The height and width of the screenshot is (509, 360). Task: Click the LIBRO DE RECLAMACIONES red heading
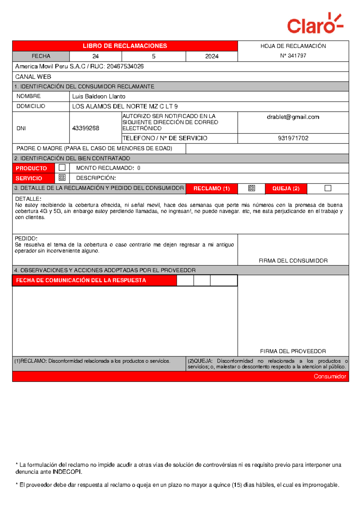click(x=125, y=46)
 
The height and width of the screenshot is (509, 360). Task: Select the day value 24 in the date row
click(x=95, y=56)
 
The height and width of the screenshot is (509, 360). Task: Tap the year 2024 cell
click(x=211, y=56)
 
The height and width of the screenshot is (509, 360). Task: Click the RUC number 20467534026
click(x=125, y=66)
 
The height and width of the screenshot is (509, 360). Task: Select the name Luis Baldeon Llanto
click(x=99, y=97)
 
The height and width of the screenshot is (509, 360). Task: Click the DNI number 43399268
click(x=85, y=128)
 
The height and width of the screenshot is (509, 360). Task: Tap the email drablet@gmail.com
click(x=293, y=117)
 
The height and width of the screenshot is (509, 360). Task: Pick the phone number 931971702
click(x=293, y=138)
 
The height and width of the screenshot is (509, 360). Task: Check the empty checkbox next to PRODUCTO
click(x=62, y=168)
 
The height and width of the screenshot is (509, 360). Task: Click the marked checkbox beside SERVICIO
click(x=62, y=177)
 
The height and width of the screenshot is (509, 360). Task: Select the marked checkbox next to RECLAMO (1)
click(x=251, y=188)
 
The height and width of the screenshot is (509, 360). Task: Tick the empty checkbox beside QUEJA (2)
click(x=328, y=188)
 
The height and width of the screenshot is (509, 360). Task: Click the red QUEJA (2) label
click(x=286, y=189)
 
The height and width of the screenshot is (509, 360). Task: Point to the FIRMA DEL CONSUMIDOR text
click(x=293, y=261)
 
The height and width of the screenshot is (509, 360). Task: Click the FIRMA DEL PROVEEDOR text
click(x=293, y=351)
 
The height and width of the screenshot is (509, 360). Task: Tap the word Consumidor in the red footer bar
click(x=330, y=376)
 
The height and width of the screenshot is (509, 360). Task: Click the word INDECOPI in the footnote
click(x=67, y=472)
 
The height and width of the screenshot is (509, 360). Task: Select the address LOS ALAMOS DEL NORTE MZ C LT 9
click(x=125, y=106)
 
